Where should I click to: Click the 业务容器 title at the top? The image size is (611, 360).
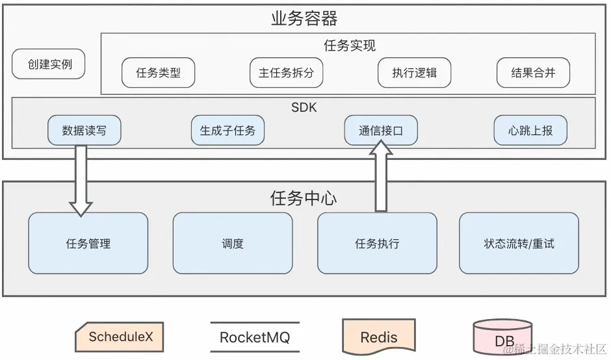(304, 18)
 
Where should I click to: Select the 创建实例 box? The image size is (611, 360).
(49, 65)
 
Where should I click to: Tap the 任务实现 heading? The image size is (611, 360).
(349, 45)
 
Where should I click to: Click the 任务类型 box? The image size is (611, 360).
(159, 73)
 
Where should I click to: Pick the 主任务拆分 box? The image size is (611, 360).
(286, 73)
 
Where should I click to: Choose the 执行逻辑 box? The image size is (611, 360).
(414, 73)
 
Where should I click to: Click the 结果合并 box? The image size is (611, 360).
(533, 73)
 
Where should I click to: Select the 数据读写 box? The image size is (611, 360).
(84, 130)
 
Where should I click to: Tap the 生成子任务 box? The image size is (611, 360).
(227, 130)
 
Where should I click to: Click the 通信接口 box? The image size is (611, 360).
(381, 130)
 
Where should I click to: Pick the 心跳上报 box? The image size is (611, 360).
(530, 130)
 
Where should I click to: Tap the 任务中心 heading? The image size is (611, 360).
(304, 198)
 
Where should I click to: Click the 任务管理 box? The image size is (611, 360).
(88, 244)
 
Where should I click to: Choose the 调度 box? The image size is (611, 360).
(232, 244)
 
